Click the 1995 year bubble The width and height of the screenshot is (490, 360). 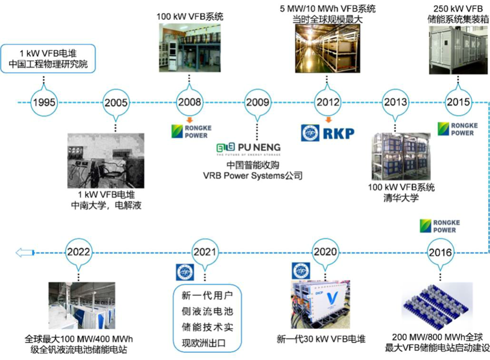(44, 103)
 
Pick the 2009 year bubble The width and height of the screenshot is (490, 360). (258, 103)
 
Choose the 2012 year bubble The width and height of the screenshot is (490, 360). (327, 103)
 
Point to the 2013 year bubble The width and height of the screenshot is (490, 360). (395, 103)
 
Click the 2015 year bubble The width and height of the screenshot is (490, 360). (458, 103)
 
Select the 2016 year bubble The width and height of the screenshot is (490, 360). (441, 251)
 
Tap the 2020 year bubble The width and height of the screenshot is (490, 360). (325, 251)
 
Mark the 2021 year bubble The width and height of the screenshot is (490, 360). (206, 251)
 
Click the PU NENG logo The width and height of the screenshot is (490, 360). (248, 149)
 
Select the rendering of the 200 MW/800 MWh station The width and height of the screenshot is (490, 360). (440, 306)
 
